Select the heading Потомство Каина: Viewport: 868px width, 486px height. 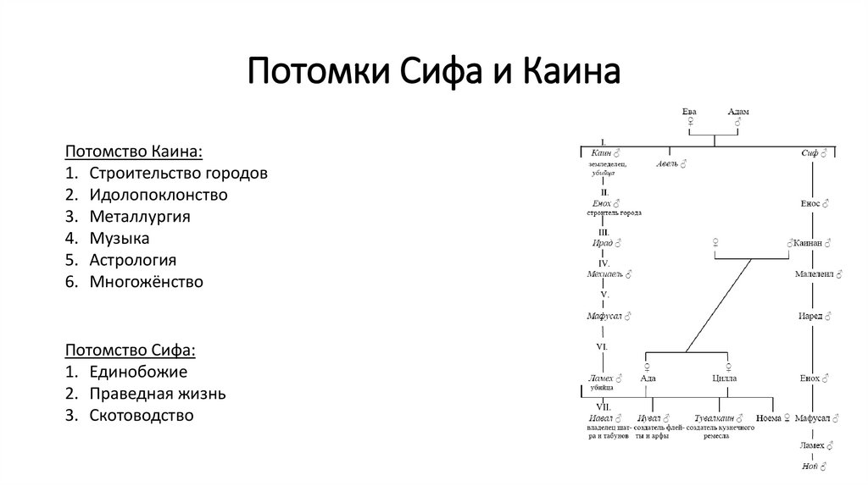tap(134, 151)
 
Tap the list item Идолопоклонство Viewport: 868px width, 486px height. tap(159, 195)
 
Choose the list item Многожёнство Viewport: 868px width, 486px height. tap(147, 282)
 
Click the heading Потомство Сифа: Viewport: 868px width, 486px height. tap(130, 350)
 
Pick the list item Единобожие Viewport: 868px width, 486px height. tap(139, 372)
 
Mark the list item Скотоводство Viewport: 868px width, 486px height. tap(142, 416)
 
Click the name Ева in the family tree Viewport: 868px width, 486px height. tap(690, 112)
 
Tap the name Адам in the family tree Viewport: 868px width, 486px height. tap(738, 112)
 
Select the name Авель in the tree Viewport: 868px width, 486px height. tap(667, 163)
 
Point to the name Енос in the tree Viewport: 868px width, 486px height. tap(811, 204)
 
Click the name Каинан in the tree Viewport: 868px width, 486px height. tap(810, 243)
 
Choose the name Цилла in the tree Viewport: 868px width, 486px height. tap(724, 378)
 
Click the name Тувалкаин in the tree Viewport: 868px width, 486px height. tap(715, 418)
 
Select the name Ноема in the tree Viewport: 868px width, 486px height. tap(768, 418)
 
